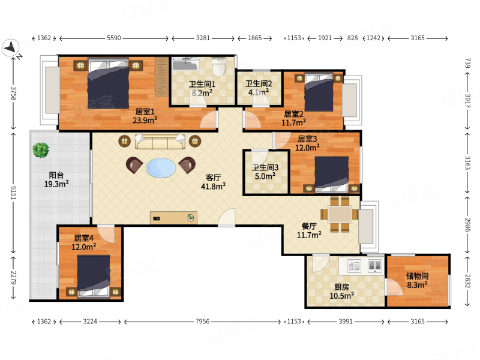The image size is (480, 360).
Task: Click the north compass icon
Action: click(x=11, y=48)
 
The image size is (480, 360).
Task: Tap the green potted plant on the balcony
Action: click(x=41, y=150)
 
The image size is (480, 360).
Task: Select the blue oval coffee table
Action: click(x=161, y=168)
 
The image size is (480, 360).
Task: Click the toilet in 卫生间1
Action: click(x=219, y=66)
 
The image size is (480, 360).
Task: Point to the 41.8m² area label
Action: click(x=214, y=186)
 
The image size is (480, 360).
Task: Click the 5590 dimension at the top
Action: click(x=114, y=38)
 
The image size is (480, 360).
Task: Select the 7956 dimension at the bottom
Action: click(x=203, y=322)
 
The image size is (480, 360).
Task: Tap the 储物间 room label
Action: click(x=417, y=276)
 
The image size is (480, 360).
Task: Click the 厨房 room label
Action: click(x=341, y=287)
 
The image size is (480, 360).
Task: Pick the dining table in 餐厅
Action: click(x=340, y=214)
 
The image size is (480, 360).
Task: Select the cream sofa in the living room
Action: click(x=160, y=142)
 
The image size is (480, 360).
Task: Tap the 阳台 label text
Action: click(x=56, y=175)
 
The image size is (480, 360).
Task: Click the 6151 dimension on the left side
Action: click(x=14, y=193)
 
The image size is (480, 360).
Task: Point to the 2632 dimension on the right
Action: click(x=467, y=281)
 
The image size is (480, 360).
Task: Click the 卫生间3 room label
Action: click(x=265, y=167)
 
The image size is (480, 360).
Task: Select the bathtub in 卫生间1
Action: click(x=185, y=64)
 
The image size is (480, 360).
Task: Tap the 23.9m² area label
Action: click(x=145, y=121)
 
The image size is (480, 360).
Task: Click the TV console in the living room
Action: click(x=173, y=218)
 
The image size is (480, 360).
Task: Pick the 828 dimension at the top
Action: click(x=352, y=38)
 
